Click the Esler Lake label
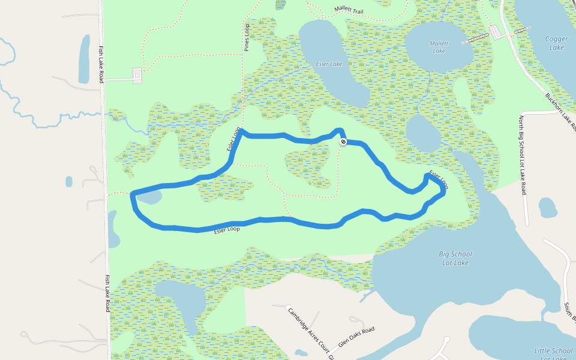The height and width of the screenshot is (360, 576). pyautogui.click(x=329, y=64)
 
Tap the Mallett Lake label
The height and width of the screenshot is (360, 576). pyautogui.click(x=439, y=47)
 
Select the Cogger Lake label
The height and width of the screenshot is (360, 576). pyautogui.click(x=556, y=43)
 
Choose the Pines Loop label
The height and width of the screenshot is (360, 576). pyautogui.click(x=247, y=37)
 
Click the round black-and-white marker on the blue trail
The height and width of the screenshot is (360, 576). pyautogui.click(x=343, y=142)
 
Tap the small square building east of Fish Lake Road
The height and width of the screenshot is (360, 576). pyautogui.click(x=137, y=75)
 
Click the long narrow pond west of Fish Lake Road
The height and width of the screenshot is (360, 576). pyautogui.click(x=84, y=59)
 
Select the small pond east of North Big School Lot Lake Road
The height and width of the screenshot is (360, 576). pyautogui.click(x=548, y=208)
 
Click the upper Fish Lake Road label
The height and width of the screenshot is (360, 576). pyautogui.click(x=102, y=64)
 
